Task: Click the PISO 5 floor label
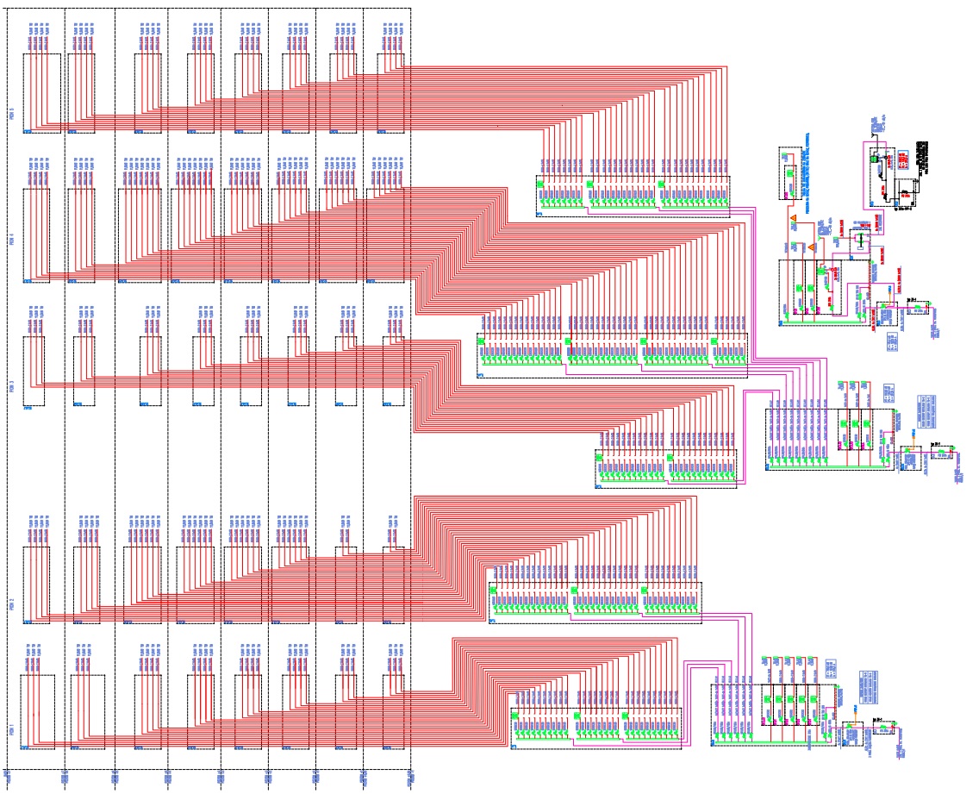pyautogui.click(x=12, y=112)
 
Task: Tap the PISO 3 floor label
pyautogui.click(x=12, y=386)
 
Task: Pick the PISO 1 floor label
pyautogui.click(x=12, y=729)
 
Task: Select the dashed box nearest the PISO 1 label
pyautogui.click(x=37, y=712)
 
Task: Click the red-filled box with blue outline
pyautogui.click(x=901, y=160)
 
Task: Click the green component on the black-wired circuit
pyautogui.click(x=873, y=158)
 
